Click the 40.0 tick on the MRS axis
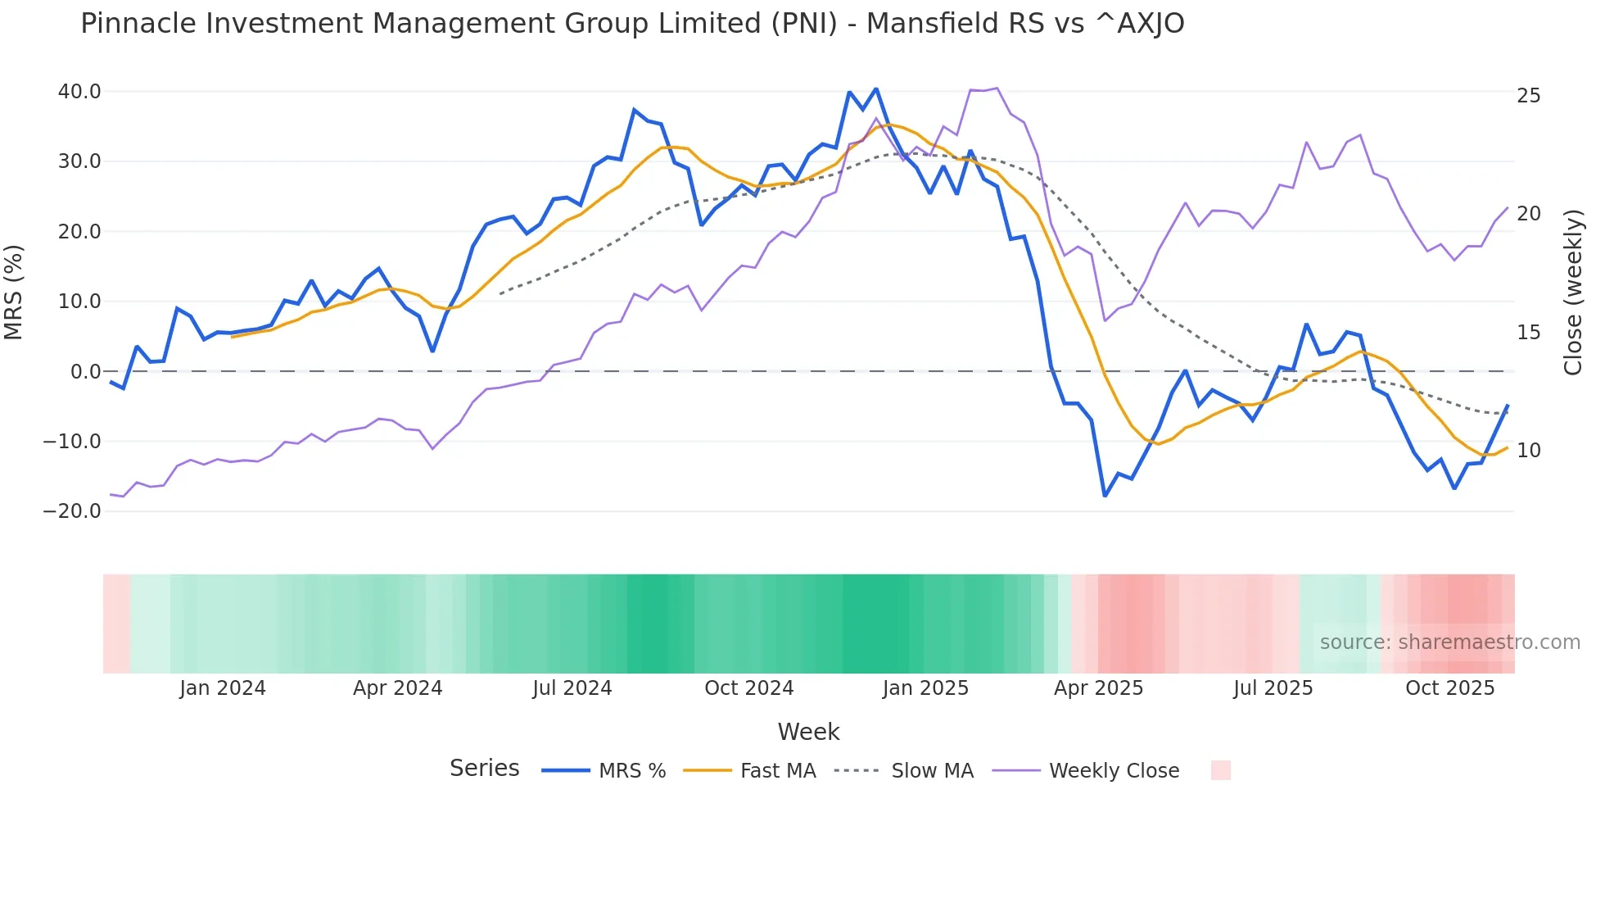click(x=79, y=92)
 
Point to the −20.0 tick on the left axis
click(x=72, y=511)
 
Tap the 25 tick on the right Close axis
click(x=1528, y=96)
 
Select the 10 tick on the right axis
click(x=1528, y=451)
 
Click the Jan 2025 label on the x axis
click(x=925, y=688)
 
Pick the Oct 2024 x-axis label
click(x=748, y=688)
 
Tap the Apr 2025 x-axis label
click(x=1098, y=688)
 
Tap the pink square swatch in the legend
click(x=1220, y=770)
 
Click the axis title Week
click(x=808, y=732)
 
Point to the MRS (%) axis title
click(x=14, y=292)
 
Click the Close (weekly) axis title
click(x=1573, y=293)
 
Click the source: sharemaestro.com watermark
click(x=1449, y=642)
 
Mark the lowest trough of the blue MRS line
click(x=1105, y=496)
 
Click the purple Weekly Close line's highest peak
click(x=996, y=88)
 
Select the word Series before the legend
click(x=484, y=769)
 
